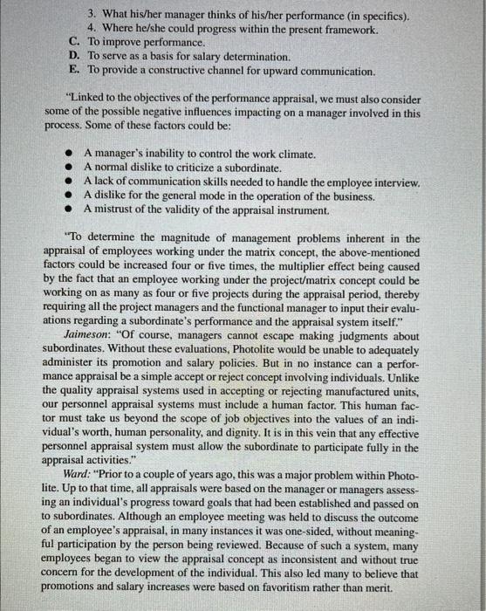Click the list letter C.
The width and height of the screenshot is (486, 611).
tap(73, 42)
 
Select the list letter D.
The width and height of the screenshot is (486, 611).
tap(73, 56)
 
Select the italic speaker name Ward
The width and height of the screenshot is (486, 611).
tap(69, 470)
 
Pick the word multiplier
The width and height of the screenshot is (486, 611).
tap(298, 266)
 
